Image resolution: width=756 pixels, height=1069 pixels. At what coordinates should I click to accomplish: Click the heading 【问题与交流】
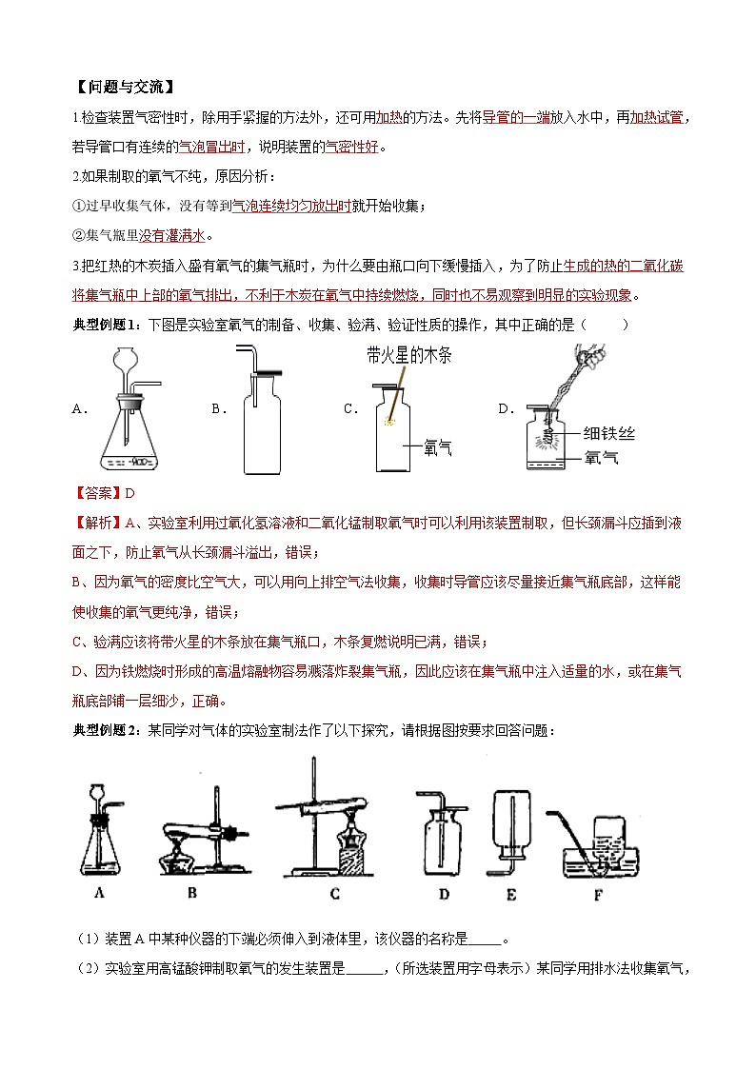point(124,88)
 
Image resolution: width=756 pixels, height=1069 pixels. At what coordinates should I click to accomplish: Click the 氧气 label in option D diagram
point(601,458)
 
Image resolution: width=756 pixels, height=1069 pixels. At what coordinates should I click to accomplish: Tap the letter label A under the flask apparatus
point(99,893)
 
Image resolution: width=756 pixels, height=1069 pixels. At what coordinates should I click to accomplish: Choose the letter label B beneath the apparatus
point(191,893)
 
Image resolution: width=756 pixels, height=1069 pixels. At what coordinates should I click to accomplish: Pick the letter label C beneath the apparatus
point(334,893)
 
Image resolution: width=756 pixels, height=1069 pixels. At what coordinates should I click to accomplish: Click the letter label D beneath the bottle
point(444,893)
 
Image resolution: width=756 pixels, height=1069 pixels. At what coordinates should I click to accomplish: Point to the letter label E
point(511,893)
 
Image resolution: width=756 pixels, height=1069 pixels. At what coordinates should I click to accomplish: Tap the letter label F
point(597,893)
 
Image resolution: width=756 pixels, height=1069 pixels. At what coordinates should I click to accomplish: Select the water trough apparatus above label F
point(598,838)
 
